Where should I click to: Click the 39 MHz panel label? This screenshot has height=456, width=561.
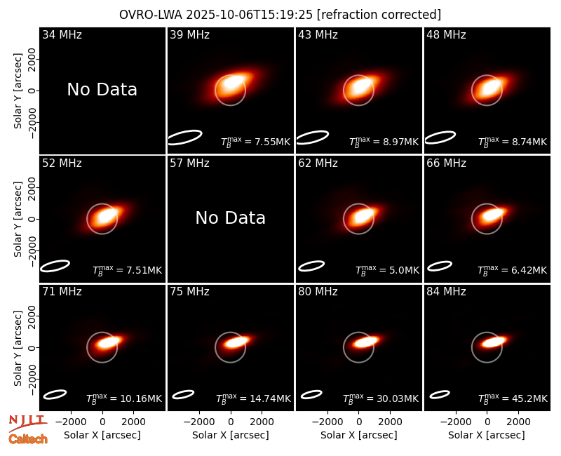coord(189,34)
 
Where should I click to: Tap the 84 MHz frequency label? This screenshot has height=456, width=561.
coord(446,292)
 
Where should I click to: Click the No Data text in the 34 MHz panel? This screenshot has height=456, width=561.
coord(102,90)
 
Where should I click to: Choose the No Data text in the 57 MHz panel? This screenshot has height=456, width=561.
coord(231,218)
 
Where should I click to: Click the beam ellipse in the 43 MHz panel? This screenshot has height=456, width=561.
coord(313,138)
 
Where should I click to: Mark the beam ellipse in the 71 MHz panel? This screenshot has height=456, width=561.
coord(55,394)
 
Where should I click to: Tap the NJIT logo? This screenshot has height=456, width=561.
coord(27,422)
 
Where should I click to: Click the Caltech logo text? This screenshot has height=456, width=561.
coord(28,439)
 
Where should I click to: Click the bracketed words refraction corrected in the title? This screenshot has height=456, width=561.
coord(379,15)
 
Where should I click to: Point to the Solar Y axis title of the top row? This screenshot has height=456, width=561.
coord(18,91)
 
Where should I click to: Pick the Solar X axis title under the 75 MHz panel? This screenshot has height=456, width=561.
coord(231,435)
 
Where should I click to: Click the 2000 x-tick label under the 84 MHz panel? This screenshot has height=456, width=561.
coord(518,422)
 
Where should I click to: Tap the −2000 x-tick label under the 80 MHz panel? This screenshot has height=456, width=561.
coord(327,422)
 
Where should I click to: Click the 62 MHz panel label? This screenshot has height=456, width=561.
coord(318,163)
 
